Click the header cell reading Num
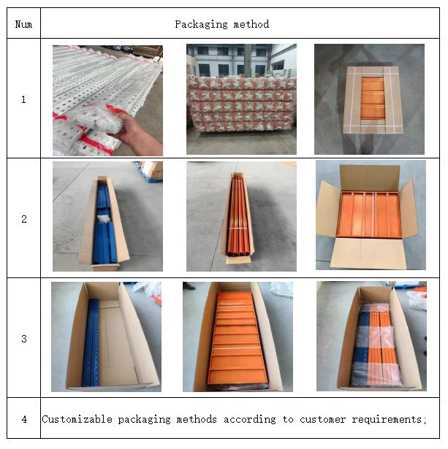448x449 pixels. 23,24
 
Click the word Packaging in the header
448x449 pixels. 201,25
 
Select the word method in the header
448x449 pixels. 251,24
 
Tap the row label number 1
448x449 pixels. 23,99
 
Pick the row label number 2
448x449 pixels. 24,219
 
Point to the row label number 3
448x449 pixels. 24,339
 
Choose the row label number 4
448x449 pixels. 24,420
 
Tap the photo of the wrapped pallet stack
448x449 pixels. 241,99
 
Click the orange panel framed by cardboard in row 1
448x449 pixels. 372,99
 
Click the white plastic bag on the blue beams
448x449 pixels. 104,219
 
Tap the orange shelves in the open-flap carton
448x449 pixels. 369,215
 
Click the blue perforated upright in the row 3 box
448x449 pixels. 91,342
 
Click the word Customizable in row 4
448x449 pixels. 77,420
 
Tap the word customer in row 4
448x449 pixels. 322,420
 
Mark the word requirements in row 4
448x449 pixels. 387,420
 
